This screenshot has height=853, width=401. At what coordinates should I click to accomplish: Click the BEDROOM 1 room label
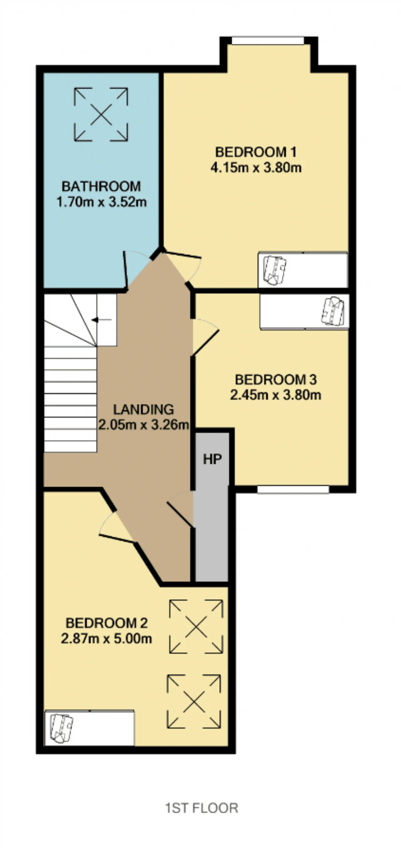[256, 152]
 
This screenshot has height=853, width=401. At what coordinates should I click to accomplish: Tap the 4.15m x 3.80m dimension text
[256, 168]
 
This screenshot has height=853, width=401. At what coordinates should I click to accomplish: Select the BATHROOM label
[101, 186]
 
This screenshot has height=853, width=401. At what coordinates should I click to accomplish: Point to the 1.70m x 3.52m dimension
[101, 202]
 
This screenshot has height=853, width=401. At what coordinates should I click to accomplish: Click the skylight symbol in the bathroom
[101, 115]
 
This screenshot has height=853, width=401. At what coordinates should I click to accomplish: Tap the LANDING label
[143, 410]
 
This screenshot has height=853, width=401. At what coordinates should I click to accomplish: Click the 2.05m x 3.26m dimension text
[143, 424]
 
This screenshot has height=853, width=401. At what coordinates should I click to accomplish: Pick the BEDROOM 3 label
[275, 379]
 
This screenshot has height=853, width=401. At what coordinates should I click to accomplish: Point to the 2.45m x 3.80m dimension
[275, 395]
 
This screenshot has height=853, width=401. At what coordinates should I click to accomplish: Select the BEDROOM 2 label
[106, 623]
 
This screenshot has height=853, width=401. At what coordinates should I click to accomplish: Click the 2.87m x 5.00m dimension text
[106, 638]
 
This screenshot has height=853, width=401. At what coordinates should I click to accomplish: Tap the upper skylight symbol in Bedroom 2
[196, 627]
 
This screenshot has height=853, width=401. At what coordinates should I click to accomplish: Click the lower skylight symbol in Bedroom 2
[194, 702]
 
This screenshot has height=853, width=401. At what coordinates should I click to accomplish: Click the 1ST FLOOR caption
[202, 808]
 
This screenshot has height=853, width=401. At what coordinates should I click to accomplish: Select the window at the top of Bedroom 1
[268, 41]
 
